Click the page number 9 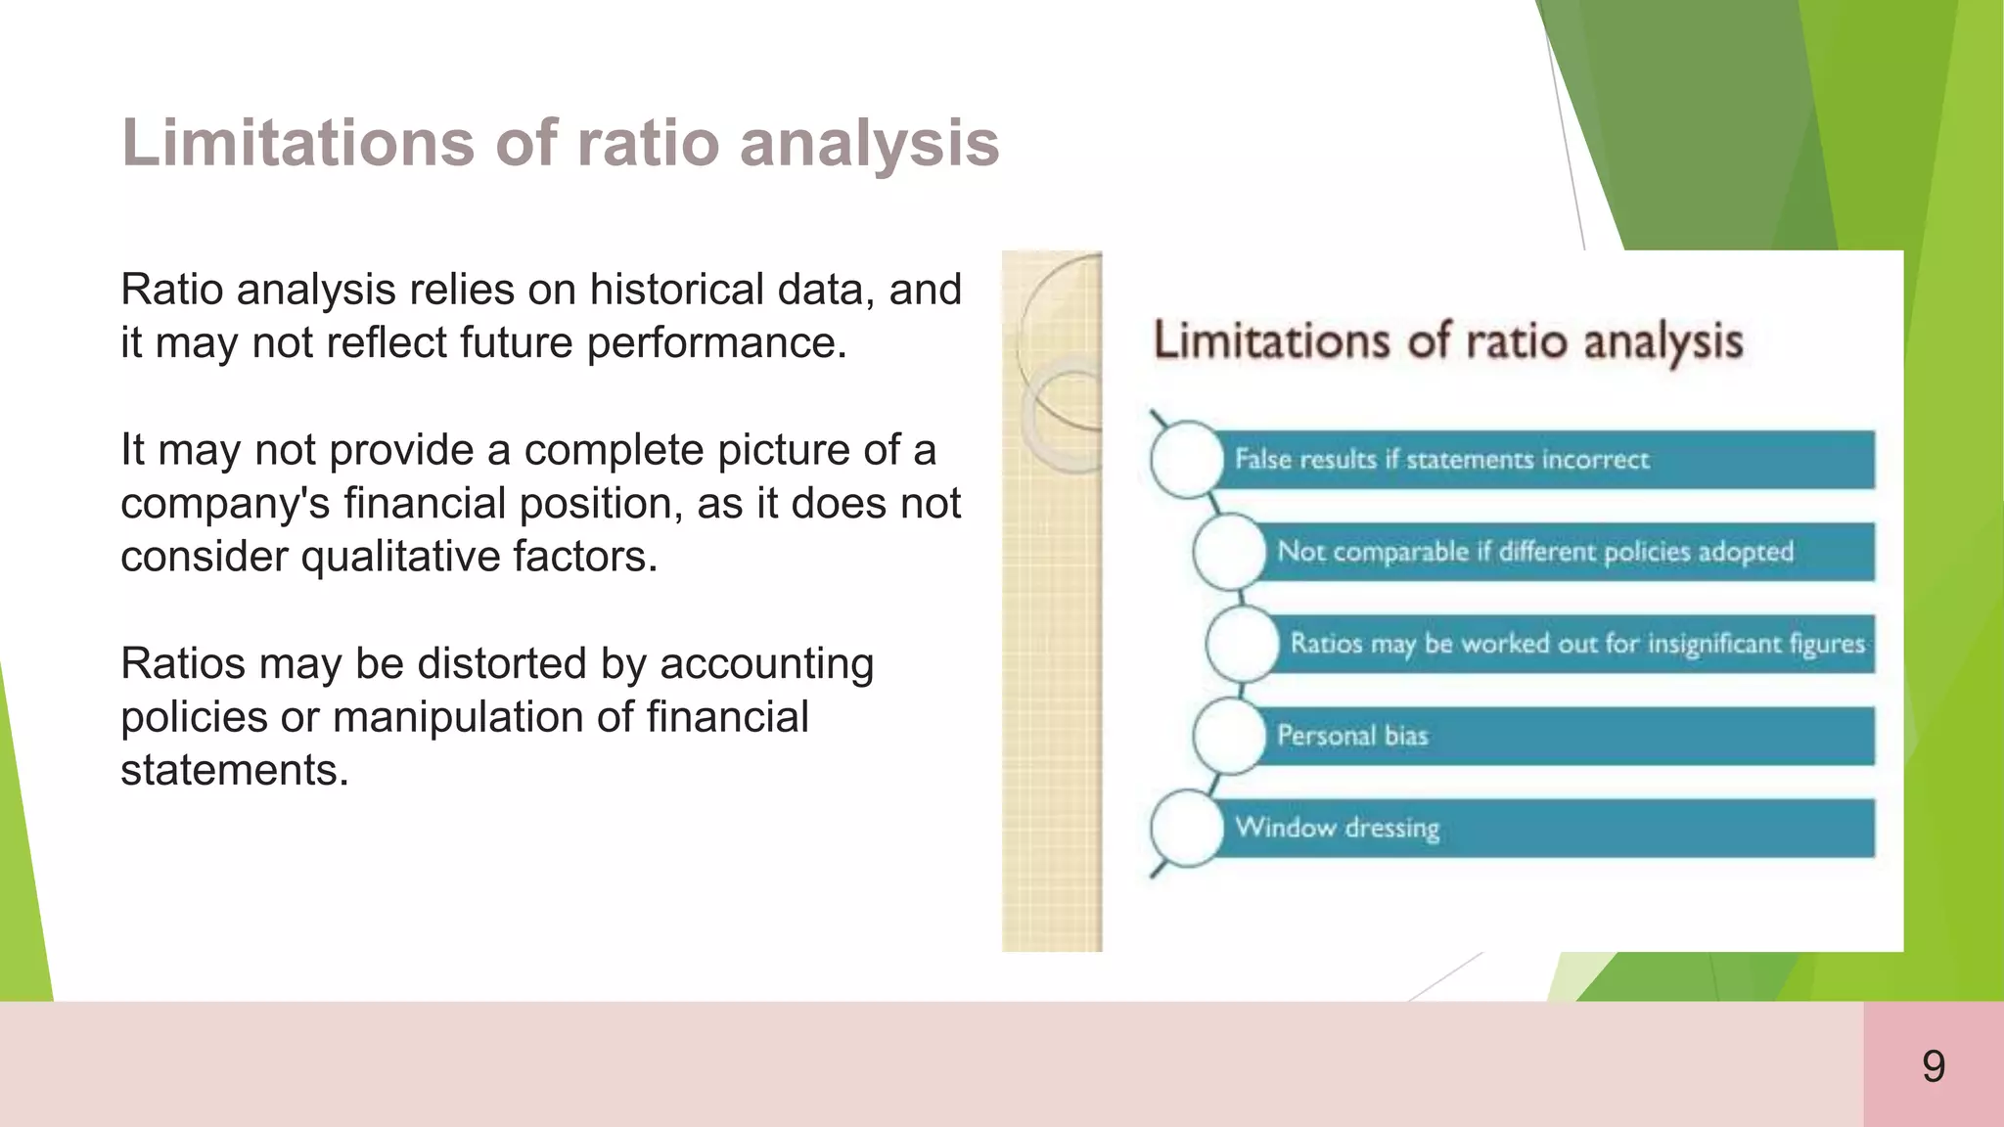pyautogui.click(x=1933, y=1066)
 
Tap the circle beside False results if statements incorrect pyautogui.click(x=1186, y=459)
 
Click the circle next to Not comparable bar pyautogui.click(x=1229, y=552)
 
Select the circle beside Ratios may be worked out pyautogui.click(x=1242, y=644)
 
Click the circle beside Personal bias pyautogui.click(x=1229, y=736)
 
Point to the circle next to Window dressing pyautogui.click(x=1186, y=829)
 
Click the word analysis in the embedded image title pyautogui.click(x=1662, y=341)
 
